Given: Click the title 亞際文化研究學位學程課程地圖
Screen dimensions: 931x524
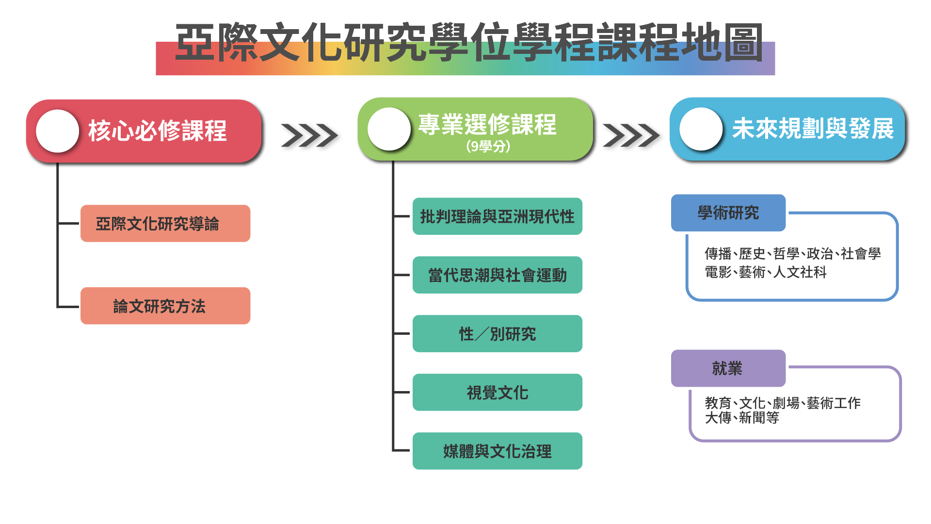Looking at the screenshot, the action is [469, 43].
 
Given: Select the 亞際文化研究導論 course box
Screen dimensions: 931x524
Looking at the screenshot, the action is [165, 223].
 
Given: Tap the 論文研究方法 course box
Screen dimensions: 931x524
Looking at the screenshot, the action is [165, 306].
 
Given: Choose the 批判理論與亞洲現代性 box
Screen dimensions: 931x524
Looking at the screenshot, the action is [498, 216].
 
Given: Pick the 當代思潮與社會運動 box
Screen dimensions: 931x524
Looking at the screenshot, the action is [498, 275].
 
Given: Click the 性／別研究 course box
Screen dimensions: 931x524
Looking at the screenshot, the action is [498, 334].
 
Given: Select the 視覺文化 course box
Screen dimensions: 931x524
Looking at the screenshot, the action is [498, 393].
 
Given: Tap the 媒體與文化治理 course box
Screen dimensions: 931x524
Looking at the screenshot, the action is [498, 451].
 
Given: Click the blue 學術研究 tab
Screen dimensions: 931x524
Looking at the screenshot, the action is [728, 213].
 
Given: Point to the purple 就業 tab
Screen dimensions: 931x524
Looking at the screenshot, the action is [728, 368].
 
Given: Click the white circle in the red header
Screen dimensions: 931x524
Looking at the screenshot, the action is [58, 131].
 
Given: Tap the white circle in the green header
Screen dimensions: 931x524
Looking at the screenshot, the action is [389, 129].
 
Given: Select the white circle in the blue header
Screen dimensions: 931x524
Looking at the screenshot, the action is [701, 129].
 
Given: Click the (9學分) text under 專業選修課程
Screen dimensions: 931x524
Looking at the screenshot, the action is [488, 146].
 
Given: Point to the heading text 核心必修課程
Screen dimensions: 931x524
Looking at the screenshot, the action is [158, 131].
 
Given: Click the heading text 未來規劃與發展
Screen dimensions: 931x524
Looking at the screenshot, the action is [813, 129].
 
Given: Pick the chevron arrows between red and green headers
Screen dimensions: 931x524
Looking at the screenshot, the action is [309, 135].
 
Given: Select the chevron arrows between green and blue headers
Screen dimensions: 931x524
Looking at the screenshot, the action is [631, 135].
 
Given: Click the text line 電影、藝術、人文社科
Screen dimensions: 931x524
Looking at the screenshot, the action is [766, 272].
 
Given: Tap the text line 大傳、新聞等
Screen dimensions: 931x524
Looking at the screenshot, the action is [742, 418].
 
